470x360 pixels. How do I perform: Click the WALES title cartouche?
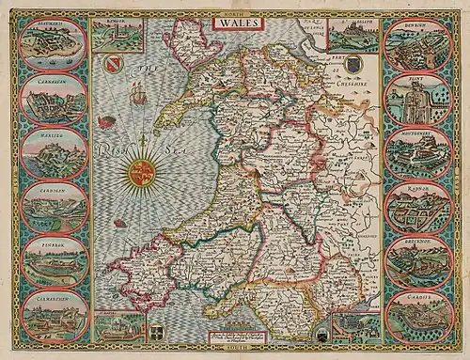235,19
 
